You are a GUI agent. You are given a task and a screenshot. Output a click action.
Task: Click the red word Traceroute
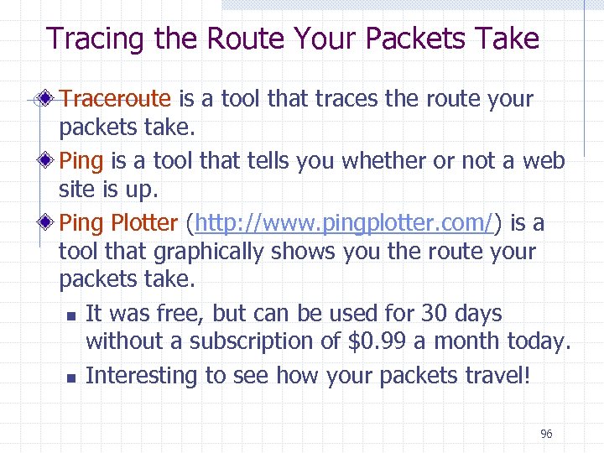(x=116, y=99)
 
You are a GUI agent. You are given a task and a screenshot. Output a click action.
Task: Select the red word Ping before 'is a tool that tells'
(x=81, y=160)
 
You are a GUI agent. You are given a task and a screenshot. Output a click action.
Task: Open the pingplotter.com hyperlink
(x=344, y=223)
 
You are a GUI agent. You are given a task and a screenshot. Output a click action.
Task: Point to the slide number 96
(x=546, y=434)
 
